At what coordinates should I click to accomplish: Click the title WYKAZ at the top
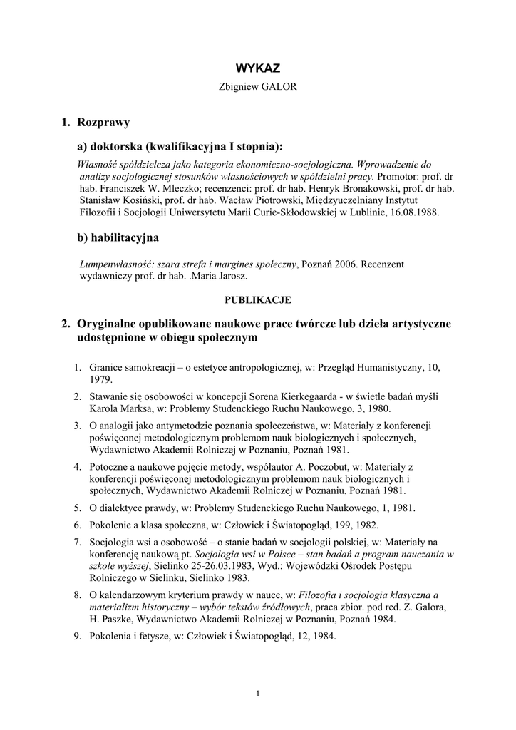point(257,68)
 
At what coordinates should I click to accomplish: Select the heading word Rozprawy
point(103,123)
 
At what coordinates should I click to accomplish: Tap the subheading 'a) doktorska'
point(109,147)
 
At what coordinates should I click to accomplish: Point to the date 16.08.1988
point(414,212)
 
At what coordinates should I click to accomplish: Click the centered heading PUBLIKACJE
point(258,299)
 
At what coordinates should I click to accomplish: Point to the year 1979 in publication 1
point(100,380)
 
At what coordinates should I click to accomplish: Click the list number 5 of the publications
point(78,508)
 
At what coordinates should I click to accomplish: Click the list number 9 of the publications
point(78,636)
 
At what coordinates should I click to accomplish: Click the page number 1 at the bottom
point(257,694)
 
